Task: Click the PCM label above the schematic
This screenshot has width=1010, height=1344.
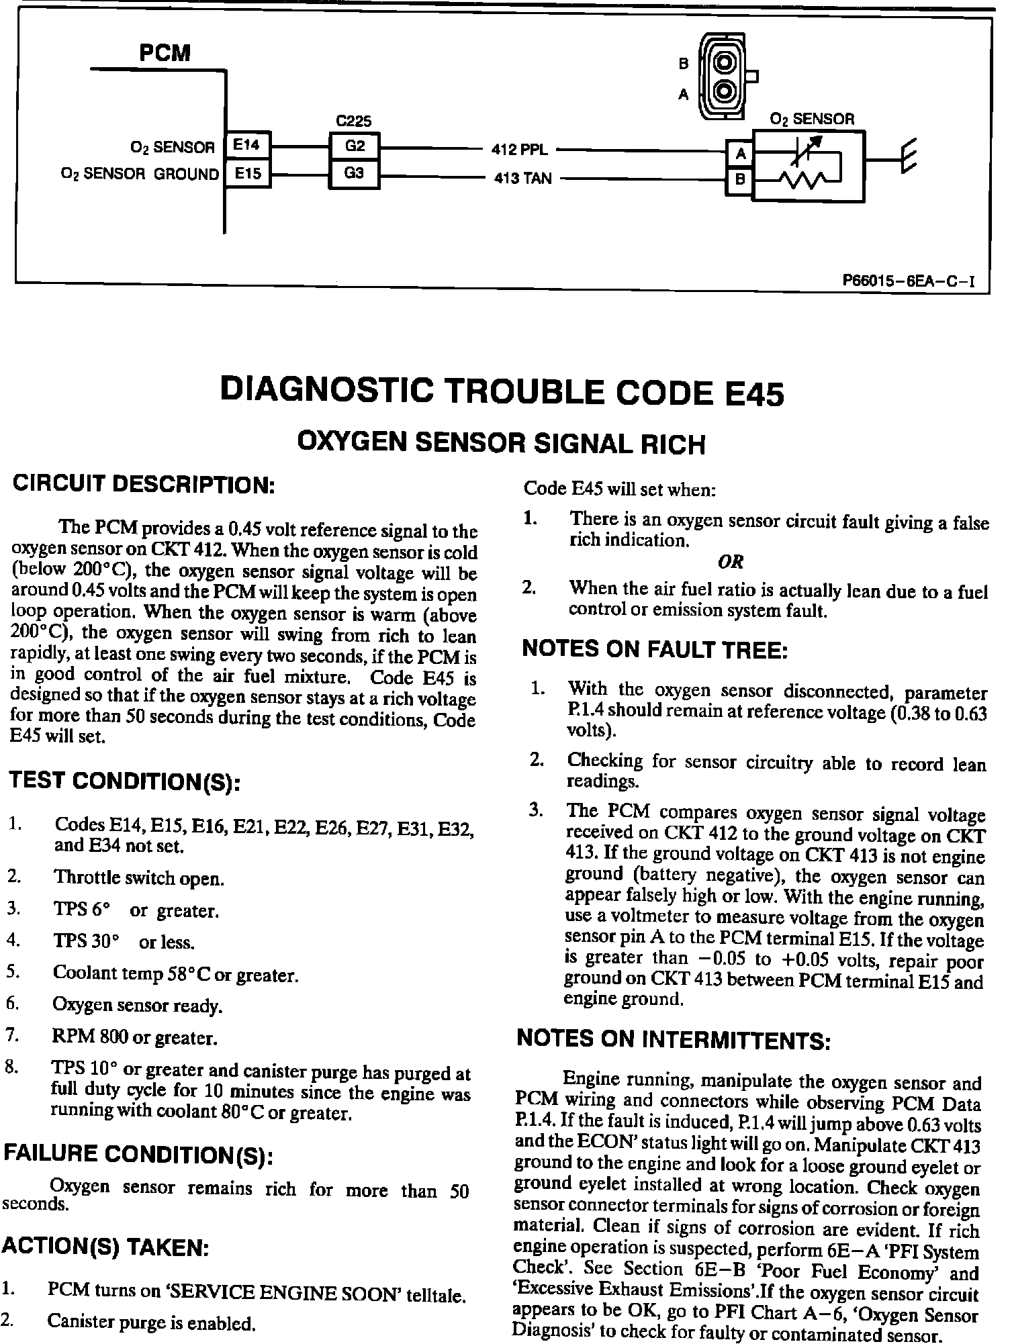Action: (x=165, y=53)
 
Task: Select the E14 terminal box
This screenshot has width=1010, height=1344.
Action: (x=248, y=145)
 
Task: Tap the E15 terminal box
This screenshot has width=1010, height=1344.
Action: (x=248, y=175)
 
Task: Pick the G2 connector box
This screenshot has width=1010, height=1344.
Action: (x=355, y=145)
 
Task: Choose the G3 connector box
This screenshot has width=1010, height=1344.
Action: (x=355, y=174)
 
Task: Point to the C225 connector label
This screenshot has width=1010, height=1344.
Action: (x=353, y=121)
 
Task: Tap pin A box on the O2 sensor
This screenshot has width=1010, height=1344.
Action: (x=741, y=154)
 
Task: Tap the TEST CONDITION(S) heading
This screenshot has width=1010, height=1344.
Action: (x=124, y=781)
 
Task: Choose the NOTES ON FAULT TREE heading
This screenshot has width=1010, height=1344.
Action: (x=655, y=649)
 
